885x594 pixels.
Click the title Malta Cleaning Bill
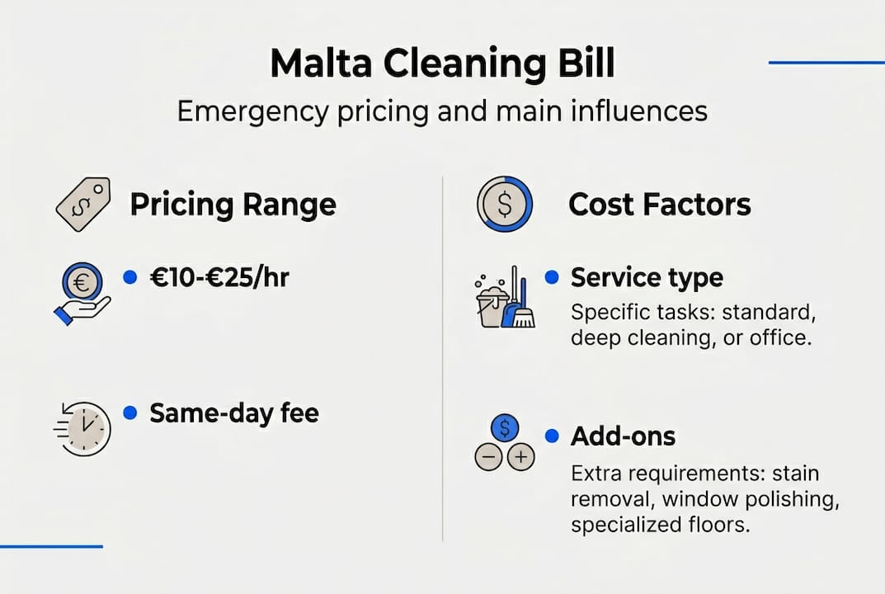point(442,63)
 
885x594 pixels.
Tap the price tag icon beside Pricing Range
point(82,204)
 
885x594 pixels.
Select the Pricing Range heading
point(233,205)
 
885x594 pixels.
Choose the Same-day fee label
point(233,412)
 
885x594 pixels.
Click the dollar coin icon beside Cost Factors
point(504,204)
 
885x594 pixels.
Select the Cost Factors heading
point(659,205)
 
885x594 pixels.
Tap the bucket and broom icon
point(506,299)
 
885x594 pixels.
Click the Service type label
point(647,278)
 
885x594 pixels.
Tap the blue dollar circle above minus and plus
point(504,428)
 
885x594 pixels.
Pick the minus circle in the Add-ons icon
point(489,457)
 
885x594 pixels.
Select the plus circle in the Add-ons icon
point(520,457)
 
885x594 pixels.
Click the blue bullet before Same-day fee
point(129,412)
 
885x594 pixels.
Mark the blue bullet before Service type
point(552,278)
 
